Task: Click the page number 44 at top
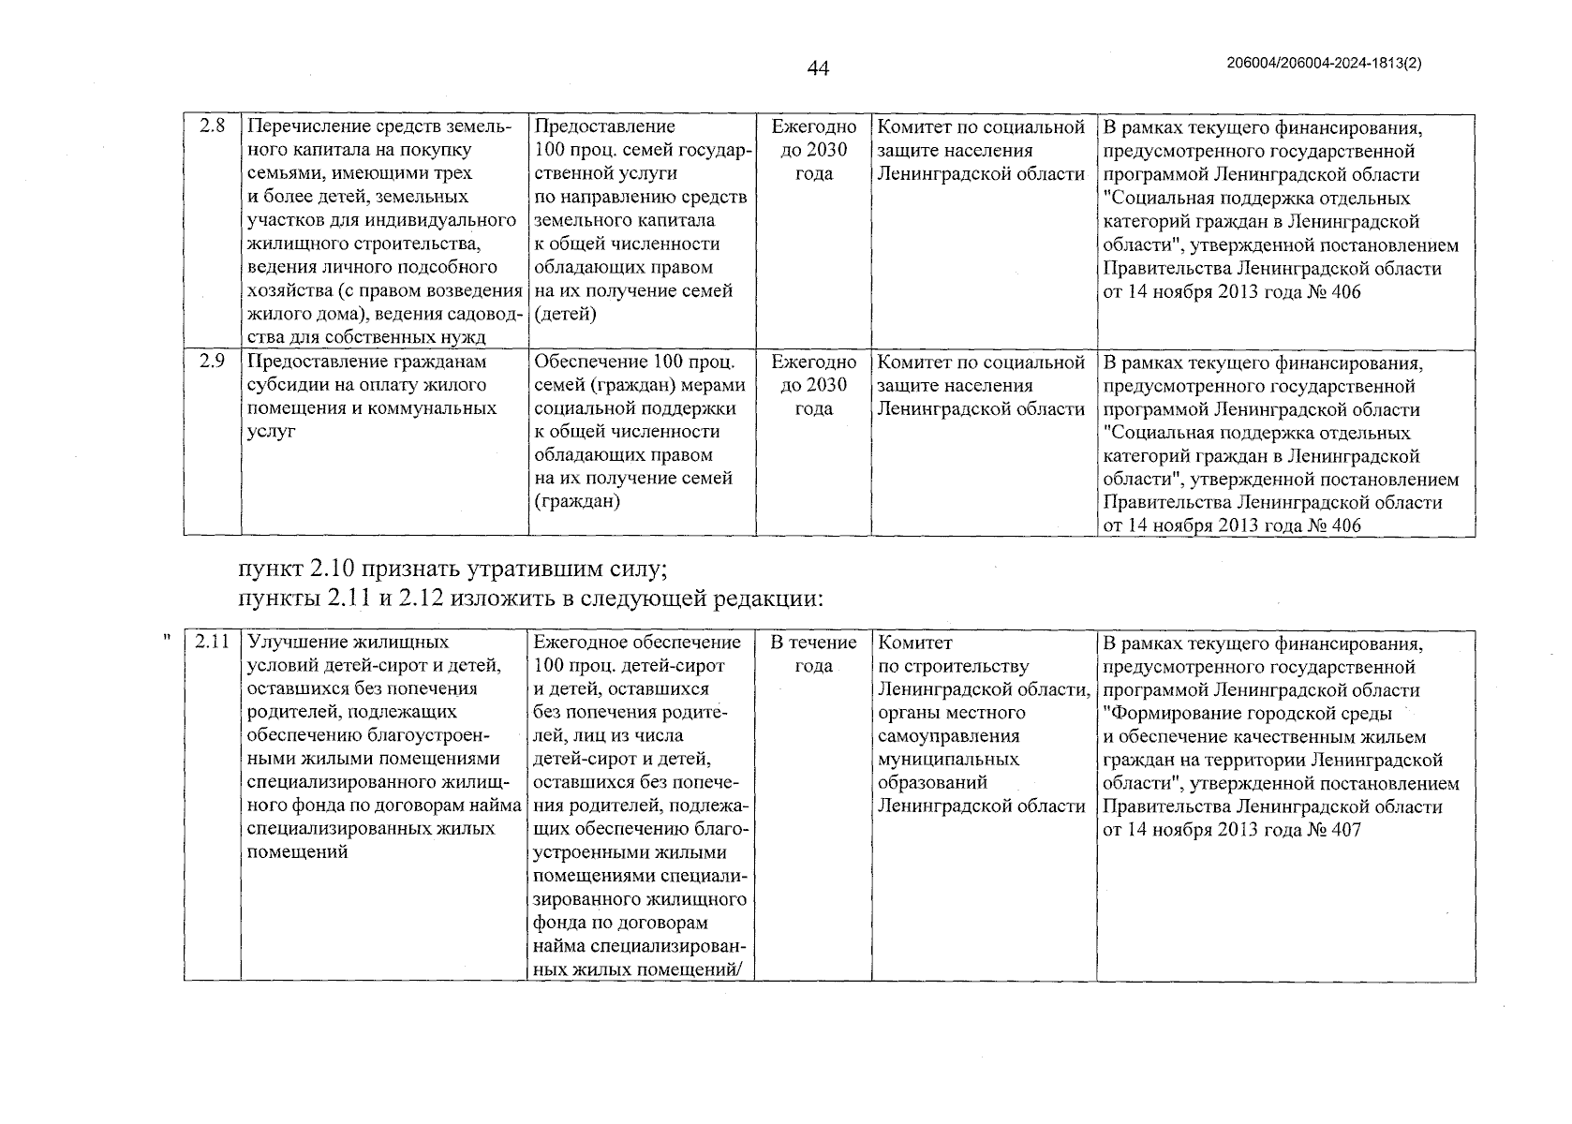(x=818, y=68)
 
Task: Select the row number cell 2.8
(x=213, y=126)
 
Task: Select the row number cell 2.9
(x=213, y=362)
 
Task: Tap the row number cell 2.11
(x=213, y=643)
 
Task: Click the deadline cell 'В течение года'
(x=813, y=654)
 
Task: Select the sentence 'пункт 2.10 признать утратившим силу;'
(x=452, y=569)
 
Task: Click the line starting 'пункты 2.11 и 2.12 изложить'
(x=530, y=598)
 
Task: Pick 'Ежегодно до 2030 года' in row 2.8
(x=813, y=150)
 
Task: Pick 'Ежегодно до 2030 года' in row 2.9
(x=813, y=385)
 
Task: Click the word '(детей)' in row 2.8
(x=565, y=314)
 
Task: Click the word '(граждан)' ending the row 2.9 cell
(x=577, y=502)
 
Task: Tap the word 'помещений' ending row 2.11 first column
(x=296, y=852)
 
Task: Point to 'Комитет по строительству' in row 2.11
(x=952, y=655)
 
